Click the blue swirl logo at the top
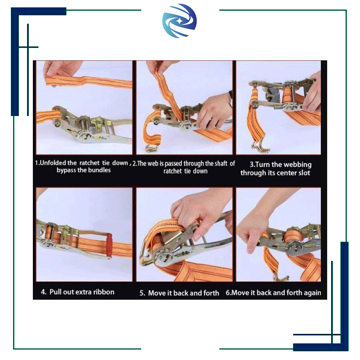tap(179, 21)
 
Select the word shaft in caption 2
tap(221, 163)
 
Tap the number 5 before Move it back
tap(142, 293)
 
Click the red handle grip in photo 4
tap(109, 245)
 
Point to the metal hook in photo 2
tap(152, 148)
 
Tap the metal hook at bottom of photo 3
tap(260, 147)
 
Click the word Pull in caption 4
tap(55, 292)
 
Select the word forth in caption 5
tap(211, 293)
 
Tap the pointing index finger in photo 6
tap(251, 246)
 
